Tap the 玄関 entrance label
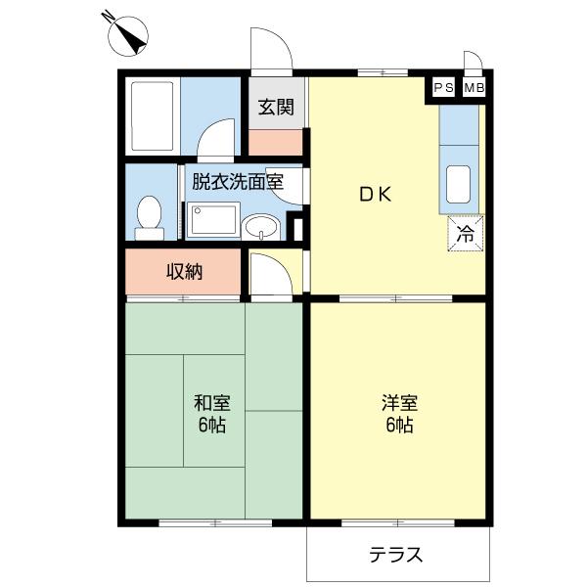pos(276,108)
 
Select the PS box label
pos(444,89)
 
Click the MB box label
pos(474,89)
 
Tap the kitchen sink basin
pos(458,182)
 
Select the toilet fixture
pos(150,216)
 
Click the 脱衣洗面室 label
pos(237,181)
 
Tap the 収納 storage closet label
pos(183,272)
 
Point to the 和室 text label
pos(210,402)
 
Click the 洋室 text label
pos(399,402)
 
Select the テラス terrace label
pos(396,556)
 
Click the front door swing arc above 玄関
pos(269,49)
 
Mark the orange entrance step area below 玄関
pos(276,141)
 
